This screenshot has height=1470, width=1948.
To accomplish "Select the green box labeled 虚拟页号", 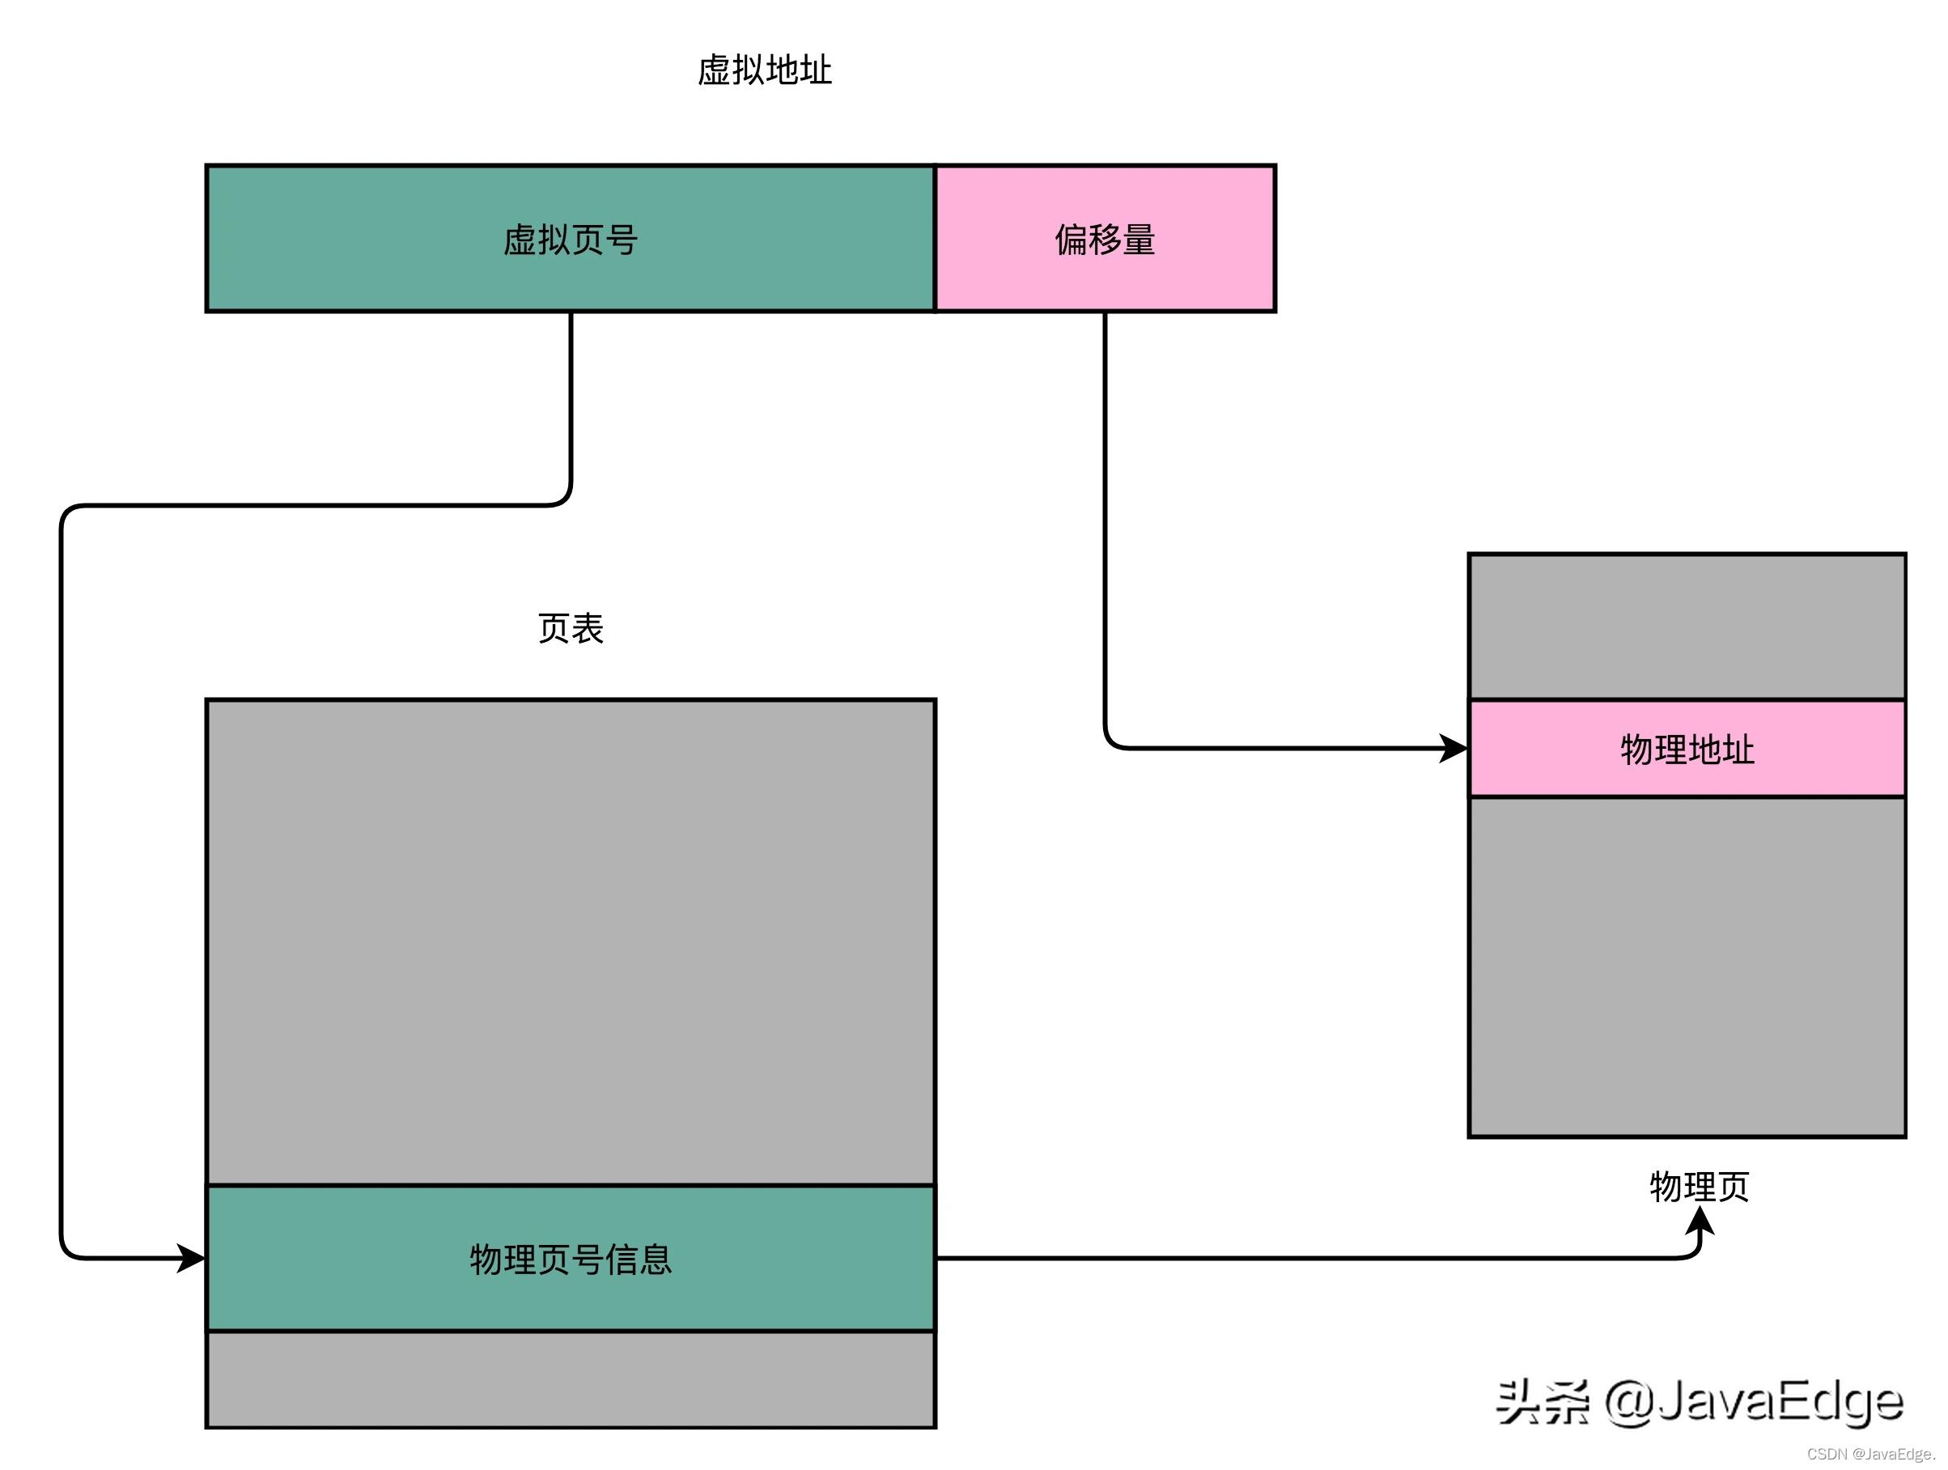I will point(570,239).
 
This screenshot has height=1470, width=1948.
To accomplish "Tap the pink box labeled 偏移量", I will point(1105,239).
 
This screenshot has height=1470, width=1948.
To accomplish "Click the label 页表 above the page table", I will point(570,629).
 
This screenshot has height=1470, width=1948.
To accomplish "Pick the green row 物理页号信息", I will point(570,1259).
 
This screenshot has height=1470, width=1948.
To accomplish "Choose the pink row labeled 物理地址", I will point(1687,749).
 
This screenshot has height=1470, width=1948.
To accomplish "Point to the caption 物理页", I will point(1699,1187).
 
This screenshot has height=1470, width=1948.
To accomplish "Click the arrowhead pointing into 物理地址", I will point(1453,749).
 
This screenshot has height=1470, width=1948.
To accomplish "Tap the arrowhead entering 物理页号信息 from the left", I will point(192,1258).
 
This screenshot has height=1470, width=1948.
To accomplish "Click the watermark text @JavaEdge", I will point(1752,1401).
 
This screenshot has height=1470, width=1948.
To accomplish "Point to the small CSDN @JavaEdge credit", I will point(1869,1454).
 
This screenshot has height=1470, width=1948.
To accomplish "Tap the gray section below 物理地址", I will point(1687,967).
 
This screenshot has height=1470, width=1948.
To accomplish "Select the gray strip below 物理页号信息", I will point(570,1379).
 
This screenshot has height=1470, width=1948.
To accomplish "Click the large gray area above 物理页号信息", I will point(570,942).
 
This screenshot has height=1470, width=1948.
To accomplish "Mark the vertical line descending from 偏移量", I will point(1106,529).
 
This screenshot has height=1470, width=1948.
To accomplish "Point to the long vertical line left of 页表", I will point(62,881).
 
